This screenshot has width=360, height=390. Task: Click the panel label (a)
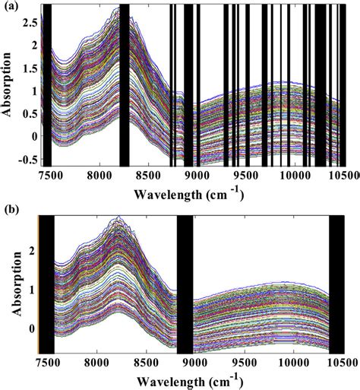11,6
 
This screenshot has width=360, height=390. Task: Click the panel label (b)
11,210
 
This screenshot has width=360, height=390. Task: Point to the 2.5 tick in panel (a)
30,23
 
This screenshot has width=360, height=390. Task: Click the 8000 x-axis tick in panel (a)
100,175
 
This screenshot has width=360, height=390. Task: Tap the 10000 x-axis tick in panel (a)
296,175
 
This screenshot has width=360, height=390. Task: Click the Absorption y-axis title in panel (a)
8,84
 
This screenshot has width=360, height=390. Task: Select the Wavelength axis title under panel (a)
188,195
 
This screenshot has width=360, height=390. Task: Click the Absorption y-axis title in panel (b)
17,284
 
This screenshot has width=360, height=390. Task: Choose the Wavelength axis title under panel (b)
188,382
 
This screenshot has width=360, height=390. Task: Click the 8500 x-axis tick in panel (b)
146,363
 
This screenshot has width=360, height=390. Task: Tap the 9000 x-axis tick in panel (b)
195,363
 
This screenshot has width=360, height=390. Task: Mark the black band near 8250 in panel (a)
125,85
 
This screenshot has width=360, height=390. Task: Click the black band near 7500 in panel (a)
47,85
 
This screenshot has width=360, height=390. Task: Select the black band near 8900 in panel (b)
185,284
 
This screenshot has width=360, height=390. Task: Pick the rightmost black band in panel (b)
336,284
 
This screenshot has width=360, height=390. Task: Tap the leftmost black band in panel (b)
47,284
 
